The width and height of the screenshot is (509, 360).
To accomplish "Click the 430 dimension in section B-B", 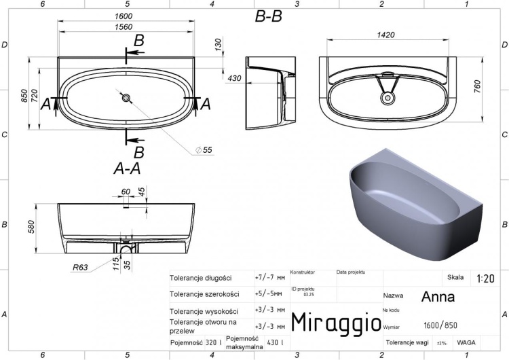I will pyautogui.click(x=234, y=79).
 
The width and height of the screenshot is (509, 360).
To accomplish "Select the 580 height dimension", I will pyautogui.click(x=31, y=226).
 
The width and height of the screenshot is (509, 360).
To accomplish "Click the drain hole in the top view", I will pyautogui.click(x=126, y=98).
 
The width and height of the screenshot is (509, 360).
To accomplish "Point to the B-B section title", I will pyautogui.click(x=268, y=18).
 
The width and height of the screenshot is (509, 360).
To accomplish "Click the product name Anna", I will pyautogui.click(x=438, y=297).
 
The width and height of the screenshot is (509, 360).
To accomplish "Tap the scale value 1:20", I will pyautogui.click(x=485, y=278).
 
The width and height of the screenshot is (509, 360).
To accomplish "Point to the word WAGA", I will pyautogui.click(x=466, y=342).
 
